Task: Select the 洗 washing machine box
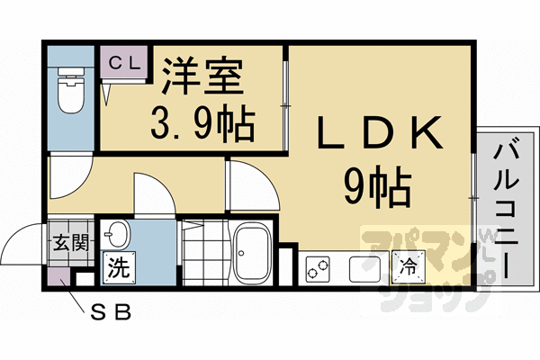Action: click(119, 266)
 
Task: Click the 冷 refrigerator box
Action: click(407, 266)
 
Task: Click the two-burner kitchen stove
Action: click(319, 267)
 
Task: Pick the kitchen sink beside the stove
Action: click(363, 267)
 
